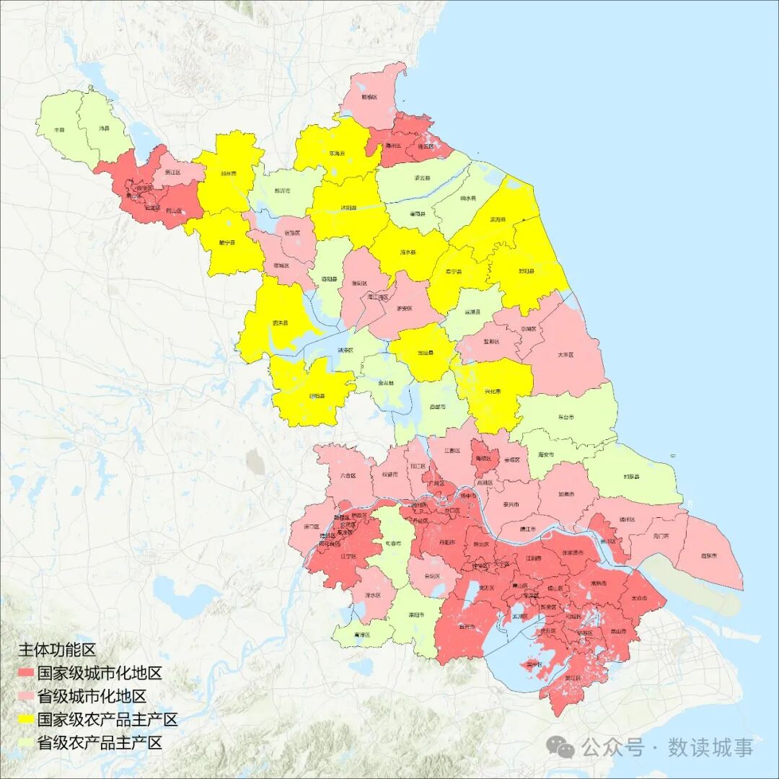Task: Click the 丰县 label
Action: pyautogui.click(x=60, y=130)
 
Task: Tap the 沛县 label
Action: pyautogui.click(x=103, y=128)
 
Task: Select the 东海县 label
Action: pyautogui.click(x=337, y=154)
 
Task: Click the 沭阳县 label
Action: pyautogui.click(x=348, y=207)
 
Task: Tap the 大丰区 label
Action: pyautogui.click(x=565, y=355)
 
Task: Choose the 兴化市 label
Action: pyautogui.click(x=493, y=392)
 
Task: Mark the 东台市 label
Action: pyautogui.click(x=566, y=417)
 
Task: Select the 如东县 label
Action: pyautogui.click(x=631, y=477)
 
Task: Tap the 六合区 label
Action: pyautogui.click(x=348, y=475)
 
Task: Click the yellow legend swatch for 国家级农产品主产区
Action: pyautogui.click(x=26, y=719)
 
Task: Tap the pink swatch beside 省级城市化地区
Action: pyautogui.click(x=26, y=696)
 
